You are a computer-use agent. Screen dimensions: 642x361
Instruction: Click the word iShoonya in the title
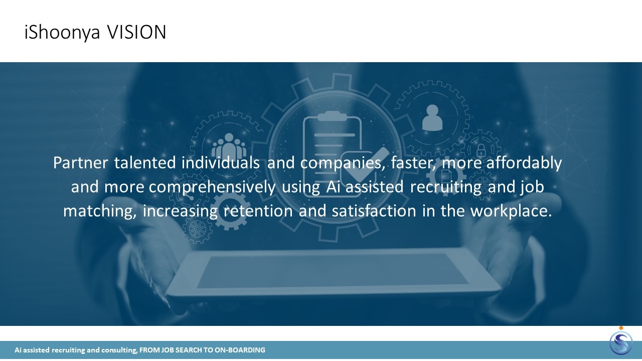click(x=62, y=33)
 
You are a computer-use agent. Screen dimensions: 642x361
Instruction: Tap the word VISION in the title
click(x=137, y=32)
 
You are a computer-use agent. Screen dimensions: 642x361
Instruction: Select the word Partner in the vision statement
click(x=81, y=163)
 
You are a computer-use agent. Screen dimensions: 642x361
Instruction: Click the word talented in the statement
click(x=145, y=163)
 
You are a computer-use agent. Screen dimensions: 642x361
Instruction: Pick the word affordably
click(x=524, y=163)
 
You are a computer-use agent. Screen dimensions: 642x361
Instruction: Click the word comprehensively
click(x=212, y=188)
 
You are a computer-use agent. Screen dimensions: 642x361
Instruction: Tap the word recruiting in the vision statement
click(x=446, y=188)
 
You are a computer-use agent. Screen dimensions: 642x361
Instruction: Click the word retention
click(x=258, y=211)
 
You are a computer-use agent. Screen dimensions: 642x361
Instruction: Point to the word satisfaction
click(x=374, y=211)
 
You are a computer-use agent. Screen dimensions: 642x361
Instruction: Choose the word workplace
click(x=511, y=211)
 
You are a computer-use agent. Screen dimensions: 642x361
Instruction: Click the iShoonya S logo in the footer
click(x=621, y=342)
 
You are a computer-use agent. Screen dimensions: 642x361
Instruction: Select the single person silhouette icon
click(x=432, y=118)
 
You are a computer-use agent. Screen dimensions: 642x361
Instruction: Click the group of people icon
click(x=229, y=146)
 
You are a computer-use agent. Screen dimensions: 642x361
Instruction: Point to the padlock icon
click(x=481, y=150)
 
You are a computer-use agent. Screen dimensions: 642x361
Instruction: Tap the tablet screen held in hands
click(x=333, y=270)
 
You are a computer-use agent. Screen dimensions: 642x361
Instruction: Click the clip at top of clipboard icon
click(x=332, y=116)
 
